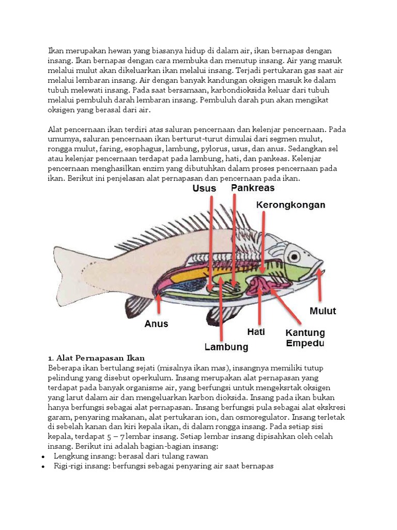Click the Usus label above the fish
pyautogui.click(x=204, y=188)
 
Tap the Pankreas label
pyautogui.click(x=254, y=187)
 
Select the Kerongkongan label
pyautogui.click(x=291, y=205)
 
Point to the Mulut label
pyautogui.click(x=323, y=311)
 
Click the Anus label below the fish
pyautogui.click(x=156, y=324)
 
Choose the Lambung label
pyautogui.click(x=226, y=347)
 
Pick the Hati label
pyautogui.click(x=256, y=331)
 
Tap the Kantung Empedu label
pyautogui.click(x=305, y=337)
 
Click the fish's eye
pyautogui.click(x=294, y=256)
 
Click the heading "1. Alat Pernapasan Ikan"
pyautogui.click(x=96, y=358)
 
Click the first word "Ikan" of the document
pyautogui.click(x=56, y=51)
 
